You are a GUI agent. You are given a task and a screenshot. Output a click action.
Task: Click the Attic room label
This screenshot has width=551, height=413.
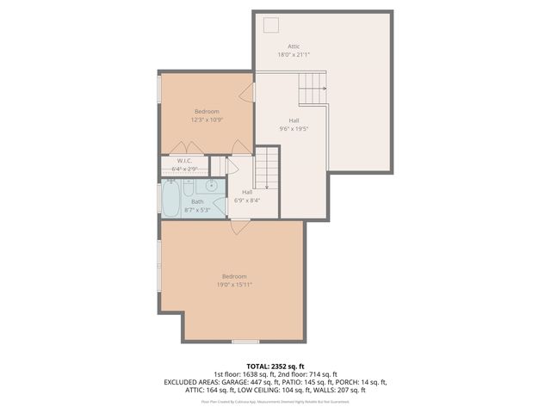(x=294, y=46)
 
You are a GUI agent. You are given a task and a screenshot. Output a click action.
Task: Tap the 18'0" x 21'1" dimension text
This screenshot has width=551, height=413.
(x=294, y=54)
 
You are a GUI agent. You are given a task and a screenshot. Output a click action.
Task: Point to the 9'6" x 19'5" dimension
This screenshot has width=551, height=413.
(x=294, y=129)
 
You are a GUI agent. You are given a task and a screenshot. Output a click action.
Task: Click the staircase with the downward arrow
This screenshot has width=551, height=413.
(x=269, y=167)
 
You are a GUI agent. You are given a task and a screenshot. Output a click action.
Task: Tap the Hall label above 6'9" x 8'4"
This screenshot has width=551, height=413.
(x=247, y=192)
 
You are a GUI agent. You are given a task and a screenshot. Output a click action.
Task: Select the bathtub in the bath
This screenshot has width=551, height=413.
(x=170, y=200)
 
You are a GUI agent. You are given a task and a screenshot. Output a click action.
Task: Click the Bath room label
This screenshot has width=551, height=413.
(x=197, y=201)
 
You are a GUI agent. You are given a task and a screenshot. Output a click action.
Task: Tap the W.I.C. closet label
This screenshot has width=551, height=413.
(x=184, y=161)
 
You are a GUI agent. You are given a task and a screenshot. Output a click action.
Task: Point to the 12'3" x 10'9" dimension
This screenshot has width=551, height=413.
(x=207, y=120)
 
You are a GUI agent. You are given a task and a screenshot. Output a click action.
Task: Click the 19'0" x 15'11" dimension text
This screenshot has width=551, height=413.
(x=233, y=284)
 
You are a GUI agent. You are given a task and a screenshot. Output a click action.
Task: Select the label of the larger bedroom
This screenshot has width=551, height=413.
(x=233, y=275)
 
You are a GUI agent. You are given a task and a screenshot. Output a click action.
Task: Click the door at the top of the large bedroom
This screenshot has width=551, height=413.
(x=239, y=227)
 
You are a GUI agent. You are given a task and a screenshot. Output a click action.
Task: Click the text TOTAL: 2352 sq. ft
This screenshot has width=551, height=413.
(x=275, y=365)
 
